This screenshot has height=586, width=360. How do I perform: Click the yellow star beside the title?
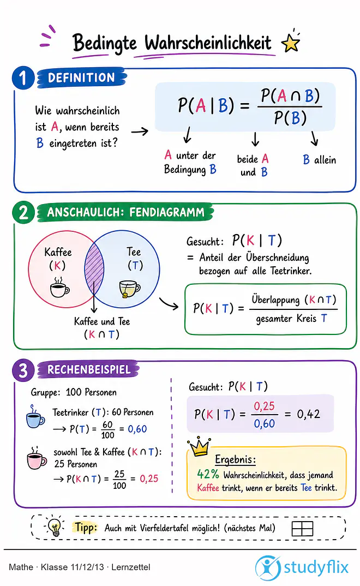click(x=291, y=43)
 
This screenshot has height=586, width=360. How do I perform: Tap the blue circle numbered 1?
click(x=23, y=78)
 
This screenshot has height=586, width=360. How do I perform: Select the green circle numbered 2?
click(x=23, y=212)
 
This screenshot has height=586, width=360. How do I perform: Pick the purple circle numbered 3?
click(x=23, y=370)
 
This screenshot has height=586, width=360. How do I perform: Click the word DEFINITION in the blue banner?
click(x=81, y=77)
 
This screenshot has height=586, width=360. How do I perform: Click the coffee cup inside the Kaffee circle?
click(x=59, y=288)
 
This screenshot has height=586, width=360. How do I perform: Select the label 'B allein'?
click(x=319, y=160)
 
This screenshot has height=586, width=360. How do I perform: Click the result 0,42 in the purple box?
click(x=309, y=414)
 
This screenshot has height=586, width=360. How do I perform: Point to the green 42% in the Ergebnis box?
click(x=208, y=474)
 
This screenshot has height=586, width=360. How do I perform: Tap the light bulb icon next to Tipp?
click(x=55, y=527)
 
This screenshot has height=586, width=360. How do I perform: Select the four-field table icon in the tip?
click(x=302, y=529)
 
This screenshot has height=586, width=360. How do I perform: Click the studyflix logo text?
click(x=316, y=567)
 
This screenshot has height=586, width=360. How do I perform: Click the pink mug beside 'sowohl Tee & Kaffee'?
click(x=37, y=458)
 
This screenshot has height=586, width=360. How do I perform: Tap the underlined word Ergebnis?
click(x=235, y=459)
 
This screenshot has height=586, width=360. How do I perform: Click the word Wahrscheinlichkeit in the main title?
click(x=208, y=43)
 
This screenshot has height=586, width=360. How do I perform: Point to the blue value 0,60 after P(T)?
click(x=137, y=429)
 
